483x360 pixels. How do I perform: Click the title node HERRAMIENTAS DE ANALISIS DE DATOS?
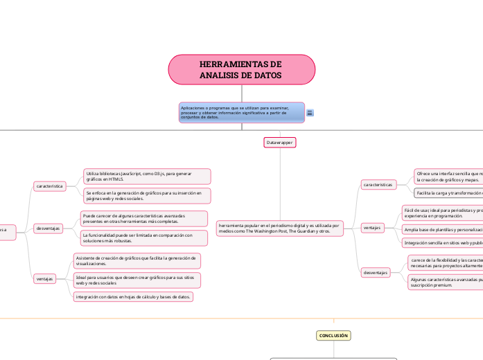click(x=241, y=69)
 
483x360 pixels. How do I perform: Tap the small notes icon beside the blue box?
click(x=309, y=113)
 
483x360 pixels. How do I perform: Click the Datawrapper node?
click(x=280, y=143)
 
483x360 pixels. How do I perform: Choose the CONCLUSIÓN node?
click(x=333, y=335)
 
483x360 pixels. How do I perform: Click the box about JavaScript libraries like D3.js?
click(x=146, y=176)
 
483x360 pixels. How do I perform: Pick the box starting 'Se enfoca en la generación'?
click(x=146, y=195)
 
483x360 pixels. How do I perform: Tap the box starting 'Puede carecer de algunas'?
click(x=143, y=219)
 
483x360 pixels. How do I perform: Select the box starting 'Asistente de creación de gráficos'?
click(x=137, y=260)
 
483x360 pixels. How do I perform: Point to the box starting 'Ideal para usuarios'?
click(x=137, y=280)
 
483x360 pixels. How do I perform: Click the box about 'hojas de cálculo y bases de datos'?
click(x=133, y=296)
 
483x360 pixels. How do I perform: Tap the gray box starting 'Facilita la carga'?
click(x=447, y=192)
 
